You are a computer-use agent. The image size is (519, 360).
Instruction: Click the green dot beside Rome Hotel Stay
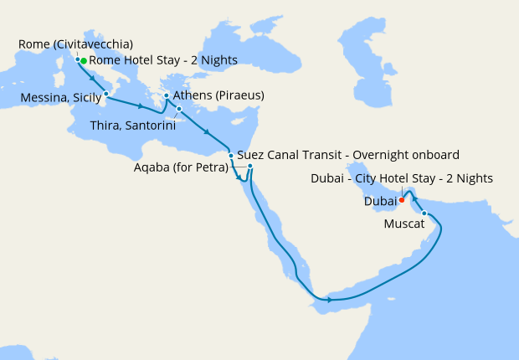84,61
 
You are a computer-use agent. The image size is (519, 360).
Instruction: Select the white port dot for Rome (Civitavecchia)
78,59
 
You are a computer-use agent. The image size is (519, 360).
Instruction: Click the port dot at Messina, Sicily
106,95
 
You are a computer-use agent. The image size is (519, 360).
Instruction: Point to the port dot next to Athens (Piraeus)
167,96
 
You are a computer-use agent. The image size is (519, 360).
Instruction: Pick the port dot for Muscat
424,213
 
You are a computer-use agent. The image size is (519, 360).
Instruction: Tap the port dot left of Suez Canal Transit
231,156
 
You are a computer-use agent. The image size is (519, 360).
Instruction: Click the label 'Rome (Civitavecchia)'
75,44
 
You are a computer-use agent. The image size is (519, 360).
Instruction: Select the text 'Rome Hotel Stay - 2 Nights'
163,60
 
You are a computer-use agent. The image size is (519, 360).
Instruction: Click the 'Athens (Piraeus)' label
218,95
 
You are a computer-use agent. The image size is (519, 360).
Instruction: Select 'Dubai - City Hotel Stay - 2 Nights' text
401,178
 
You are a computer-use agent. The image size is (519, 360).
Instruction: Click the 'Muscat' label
403,224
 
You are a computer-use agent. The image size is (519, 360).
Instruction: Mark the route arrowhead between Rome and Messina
91,78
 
